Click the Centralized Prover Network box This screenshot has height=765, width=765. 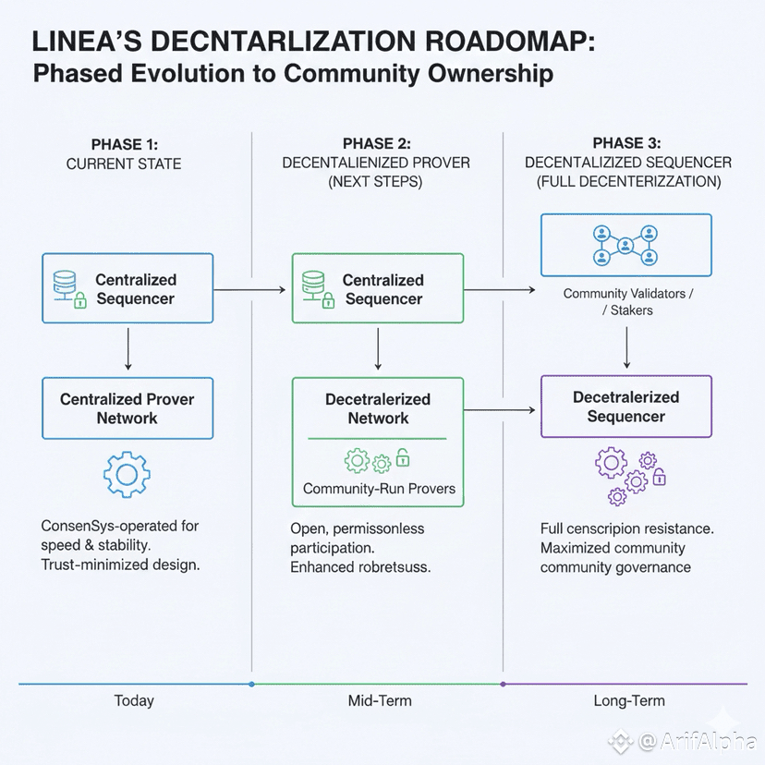point(127,408)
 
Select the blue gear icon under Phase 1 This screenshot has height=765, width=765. point(127,475)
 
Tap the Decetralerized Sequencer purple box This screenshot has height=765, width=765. point(625,407)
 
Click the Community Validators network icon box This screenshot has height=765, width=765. point(625,245)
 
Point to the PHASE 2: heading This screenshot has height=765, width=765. point(376,144)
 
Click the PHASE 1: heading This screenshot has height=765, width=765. point(124,144)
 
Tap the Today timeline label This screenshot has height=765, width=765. point(134,700)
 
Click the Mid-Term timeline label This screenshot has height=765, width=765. point(380,700)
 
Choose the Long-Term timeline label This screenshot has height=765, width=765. point(628,700)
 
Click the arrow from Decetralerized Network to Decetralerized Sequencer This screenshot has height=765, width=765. point(500,409)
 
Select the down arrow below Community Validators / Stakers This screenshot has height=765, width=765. point(627,346)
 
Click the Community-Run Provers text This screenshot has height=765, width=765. point(379,489)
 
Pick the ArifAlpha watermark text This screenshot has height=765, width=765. point(696,741)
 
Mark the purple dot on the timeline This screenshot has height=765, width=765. point(503,685)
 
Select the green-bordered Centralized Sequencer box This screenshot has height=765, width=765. point(378,289)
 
